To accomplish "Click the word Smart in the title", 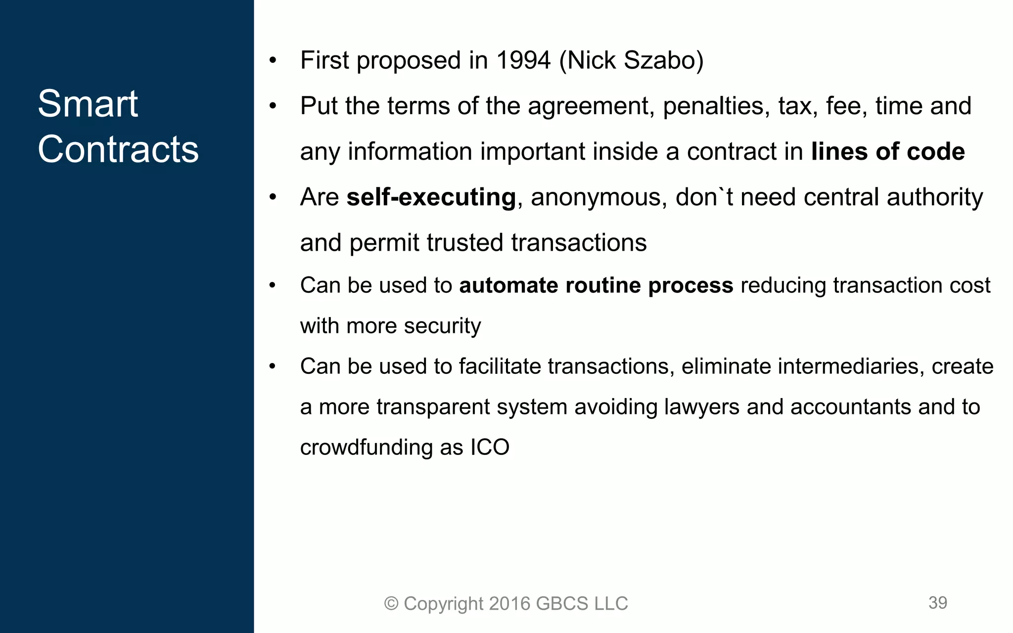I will (88, 104).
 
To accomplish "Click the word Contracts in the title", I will (118, 149).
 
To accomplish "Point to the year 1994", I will (523, 60).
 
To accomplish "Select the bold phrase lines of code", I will (888, 151).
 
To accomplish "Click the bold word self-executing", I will (431, 197).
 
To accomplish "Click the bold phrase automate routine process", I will (596, 285).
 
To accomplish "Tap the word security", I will (442, 326).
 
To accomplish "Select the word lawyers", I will (702, 407).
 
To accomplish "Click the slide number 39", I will (937, 602).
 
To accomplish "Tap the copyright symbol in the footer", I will (391, 604).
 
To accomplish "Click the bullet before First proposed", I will (273, 61).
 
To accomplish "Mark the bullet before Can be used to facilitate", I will (273, 367).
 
